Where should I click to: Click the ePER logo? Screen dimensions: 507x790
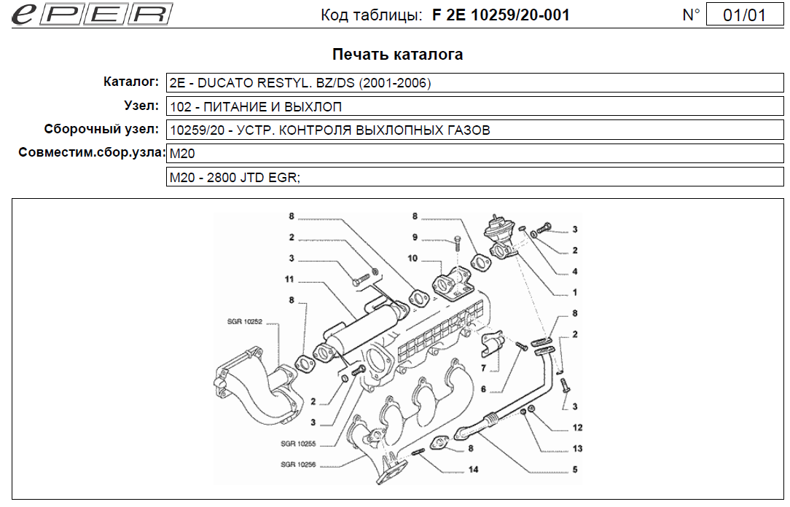pos(92,15)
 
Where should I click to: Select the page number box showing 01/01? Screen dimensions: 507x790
pos(745,15)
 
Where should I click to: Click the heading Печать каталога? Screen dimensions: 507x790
pos(397,55)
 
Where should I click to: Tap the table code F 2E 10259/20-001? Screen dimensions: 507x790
pos(501,15)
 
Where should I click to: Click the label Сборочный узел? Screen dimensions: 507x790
pos(101,130)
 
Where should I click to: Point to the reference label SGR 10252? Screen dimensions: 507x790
pos(244,321)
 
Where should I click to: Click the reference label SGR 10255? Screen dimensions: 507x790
pos(297,444)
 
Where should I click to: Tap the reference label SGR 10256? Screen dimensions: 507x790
pos(297,464)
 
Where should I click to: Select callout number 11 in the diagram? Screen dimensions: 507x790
pos(289,279)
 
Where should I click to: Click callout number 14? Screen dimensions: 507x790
pos(474,469)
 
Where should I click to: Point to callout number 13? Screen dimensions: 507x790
pos(577,449)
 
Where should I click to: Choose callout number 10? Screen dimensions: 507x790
pos(412,258)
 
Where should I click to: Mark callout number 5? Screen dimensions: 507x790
pos(575,470)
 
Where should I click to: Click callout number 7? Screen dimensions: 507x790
pos(483,368)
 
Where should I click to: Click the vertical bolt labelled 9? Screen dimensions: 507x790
pos(455,244)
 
